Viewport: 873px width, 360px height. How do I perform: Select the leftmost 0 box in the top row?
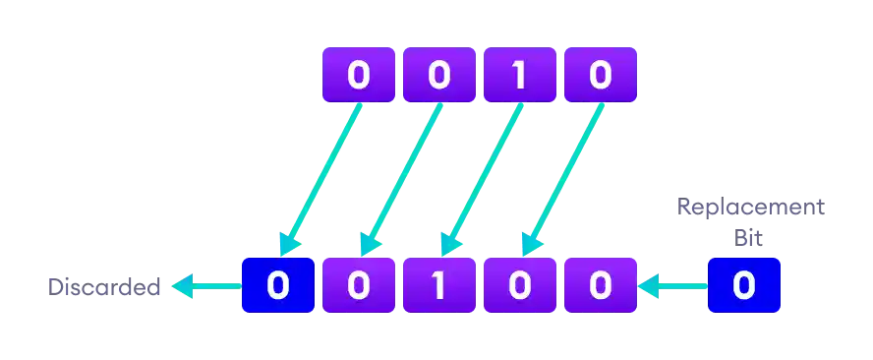click(x=359, y=75)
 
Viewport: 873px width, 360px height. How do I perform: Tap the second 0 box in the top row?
click(x=438, y=75)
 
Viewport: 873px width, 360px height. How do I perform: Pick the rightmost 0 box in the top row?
click(x=600, y=75)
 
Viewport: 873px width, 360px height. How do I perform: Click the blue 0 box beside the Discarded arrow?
click(x=278, y=286)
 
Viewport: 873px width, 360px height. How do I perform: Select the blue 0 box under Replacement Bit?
click(x=744, y=286)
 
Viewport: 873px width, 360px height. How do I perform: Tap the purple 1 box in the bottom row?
click(x=439, y=286)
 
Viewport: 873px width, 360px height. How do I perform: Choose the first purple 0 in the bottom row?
click(x=359, y=286)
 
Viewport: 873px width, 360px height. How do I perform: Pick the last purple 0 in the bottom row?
click(x=600, y=286)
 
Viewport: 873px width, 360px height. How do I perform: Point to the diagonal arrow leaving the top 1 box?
click(x=482, y=177)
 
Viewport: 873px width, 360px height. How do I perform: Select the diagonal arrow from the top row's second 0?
click(x=401, y=177)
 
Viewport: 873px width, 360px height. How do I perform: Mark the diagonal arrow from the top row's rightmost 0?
click(x=561, y=177)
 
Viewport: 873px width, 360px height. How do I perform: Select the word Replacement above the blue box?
click(x=751, y=209)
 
